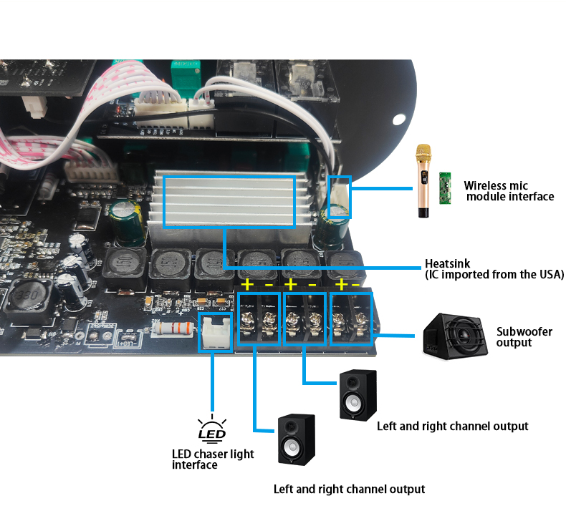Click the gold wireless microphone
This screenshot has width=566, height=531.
[423, 181]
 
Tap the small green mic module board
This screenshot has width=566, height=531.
[445, 187]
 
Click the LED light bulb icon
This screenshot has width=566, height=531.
[212, 429]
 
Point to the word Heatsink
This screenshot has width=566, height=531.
[447, 263]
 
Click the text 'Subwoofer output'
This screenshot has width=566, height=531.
[524, 336]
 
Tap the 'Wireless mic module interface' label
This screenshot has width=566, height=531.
[509, 190]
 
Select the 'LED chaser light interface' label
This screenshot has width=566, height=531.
[213, 459]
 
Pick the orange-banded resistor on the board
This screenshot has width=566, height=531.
[173, 328]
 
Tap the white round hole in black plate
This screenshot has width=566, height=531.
[399, 120]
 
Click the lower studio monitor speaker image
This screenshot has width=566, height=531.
[297, 440]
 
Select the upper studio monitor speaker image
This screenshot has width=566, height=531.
[358, 395]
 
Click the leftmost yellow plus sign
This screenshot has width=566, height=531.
[248, 285]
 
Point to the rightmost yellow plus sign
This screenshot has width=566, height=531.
[341, 285]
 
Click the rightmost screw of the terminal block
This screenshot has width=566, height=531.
[360, 320]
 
